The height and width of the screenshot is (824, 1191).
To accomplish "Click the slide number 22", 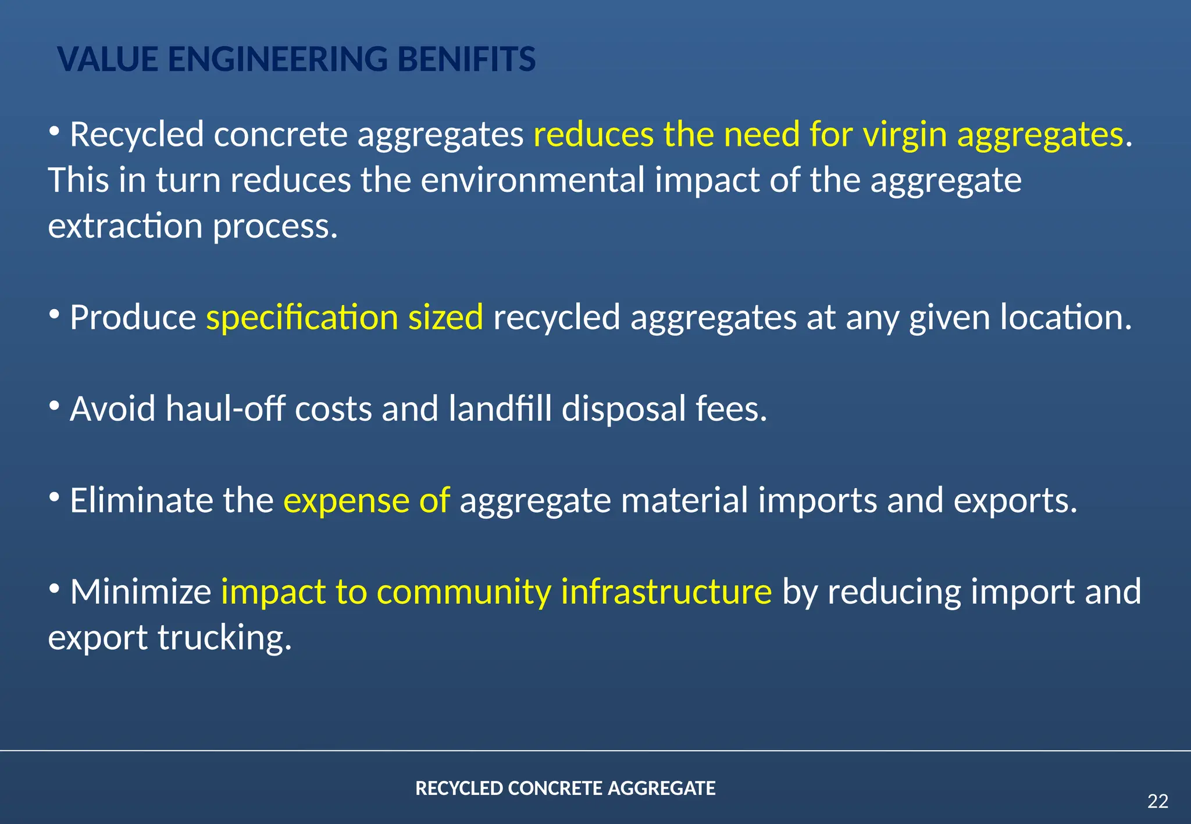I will [x=1157, y=801].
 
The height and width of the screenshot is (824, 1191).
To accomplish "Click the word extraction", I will [x=125, y=225].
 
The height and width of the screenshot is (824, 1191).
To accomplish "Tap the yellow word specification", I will [x=302, y=317].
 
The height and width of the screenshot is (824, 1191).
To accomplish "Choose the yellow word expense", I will [x=346, y=500].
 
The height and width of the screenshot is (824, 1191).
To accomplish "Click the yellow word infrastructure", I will [x=666, y=592].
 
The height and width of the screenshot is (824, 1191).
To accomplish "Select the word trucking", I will [x=224, y=637].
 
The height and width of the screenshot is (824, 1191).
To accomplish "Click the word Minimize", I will [x=140, y=592].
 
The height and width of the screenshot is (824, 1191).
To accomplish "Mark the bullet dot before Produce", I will [x=55, y=314].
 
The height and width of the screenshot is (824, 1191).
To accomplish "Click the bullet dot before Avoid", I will [x=55, y=406].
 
